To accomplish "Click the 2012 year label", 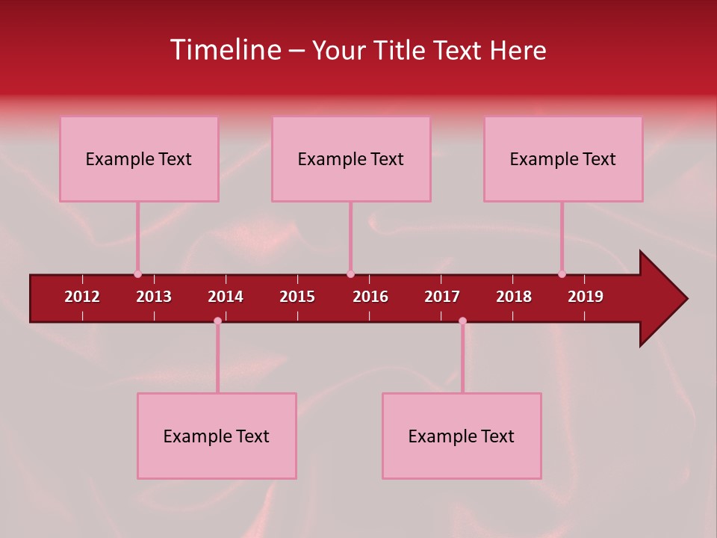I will (82, 297).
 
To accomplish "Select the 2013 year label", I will (154, 297).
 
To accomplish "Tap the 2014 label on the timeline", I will (226, 297).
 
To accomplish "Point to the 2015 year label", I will (297, 297).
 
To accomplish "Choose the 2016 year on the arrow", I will (370, 297).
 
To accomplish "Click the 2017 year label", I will (442, 297).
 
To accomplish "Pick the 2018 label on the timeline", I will (514, 297).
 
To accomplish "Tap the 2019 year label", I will (586, 297).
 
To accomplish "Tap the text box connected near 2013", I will (139, 158).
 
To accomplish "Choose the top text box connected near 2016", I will (351, 158).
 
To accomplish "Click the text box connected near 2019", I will (563, 158).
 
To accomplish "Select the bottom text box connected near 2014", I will (217, 436).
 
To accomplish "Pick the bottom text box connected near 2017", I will (462, 436).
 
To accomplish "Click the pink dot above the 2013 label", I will (137, 274).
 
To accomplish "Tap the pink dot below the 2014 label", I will (217, 321).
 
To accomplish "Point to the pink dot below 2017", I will (462, 321).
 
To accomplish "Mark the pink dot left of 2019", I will (562, 274).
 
